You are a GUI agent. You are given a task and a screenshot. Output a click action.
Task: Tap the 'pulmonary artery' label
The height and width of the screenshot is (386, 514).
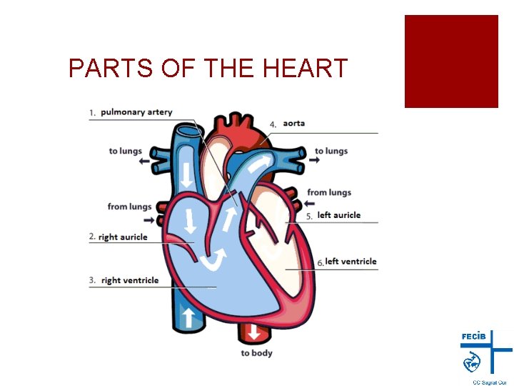(136, 112)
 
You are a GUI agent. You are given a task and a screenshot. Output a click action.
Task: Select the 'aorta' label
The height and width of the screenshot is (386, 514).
(293, 123)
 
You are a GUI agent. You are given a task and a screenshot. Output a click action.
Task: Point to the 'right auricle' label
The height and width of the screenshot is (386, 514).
(123, 237)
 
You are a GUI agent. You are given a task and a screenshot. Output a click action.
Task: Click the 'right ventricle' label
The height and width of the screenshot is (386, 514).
(130, 280)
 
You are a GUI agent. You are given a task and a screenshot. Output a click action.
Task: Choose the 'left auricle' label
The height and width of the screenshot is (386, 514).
(339, 215)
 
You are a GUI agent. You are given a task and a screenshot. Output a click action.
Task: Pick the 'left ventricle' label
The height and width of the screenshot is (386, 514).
(351, 262)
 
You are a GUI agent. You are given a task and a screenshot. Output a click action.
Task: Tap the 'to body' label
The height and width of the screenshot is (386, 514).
(256, 353)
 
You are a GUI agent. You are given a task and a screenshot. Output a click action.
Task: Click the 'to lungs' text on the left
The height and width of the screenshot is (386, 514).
(125, 151)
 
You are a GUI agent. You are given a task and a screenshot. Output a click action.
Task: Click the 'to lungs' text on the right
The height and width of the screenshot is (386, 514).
(331, 151)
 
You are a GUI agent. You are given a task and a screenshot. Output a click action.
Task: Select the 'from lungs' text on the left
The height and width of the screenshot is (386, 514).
(129, 207)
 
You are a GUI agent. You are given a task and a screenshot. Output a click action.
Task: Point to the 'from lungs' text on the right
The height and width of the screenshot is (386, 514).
(329, 192)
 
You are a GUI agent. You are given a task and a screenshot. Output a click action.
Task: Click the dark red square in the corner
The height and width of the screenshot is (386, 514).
(451, 61)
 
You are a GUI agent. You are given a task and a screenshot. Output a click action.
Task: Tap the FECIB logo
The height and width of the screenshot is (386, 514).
(485, 353)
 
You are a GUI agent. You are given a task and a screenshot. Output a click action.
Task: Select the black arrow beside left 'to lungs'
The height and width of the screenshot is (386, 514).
(145, 162)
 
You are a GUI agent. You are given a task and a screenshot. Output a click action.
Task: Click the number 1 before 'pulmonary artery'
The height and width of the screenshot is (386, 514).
(93, 113)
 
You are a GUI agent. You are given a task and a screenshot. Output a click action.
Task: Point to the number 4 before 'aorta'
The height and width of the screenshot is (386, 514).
(273, 124)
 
